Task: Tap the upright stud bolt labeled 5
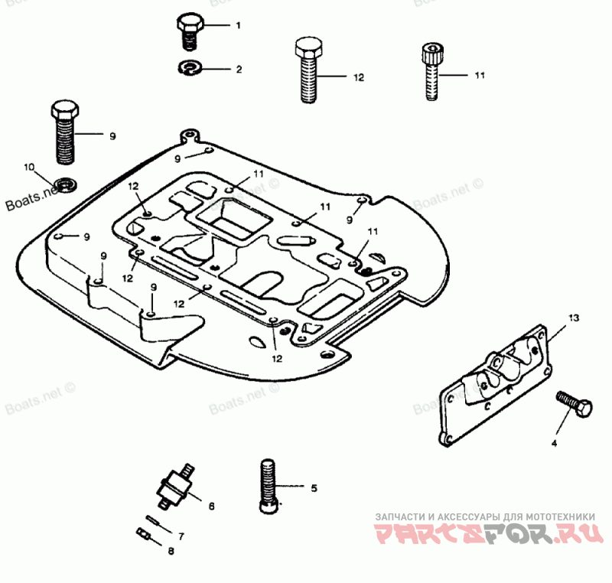coord(268,486)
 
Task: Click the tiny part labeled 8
coord(142,533)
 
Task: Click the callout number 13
coord(575,317)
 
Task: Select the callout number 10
coord(29,167)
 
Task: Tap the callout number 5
coord(313,487)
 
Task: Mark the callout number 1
coord(238,25)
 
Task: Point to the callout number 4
coord(555,443)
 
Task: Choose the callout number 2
coord(238,69)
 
